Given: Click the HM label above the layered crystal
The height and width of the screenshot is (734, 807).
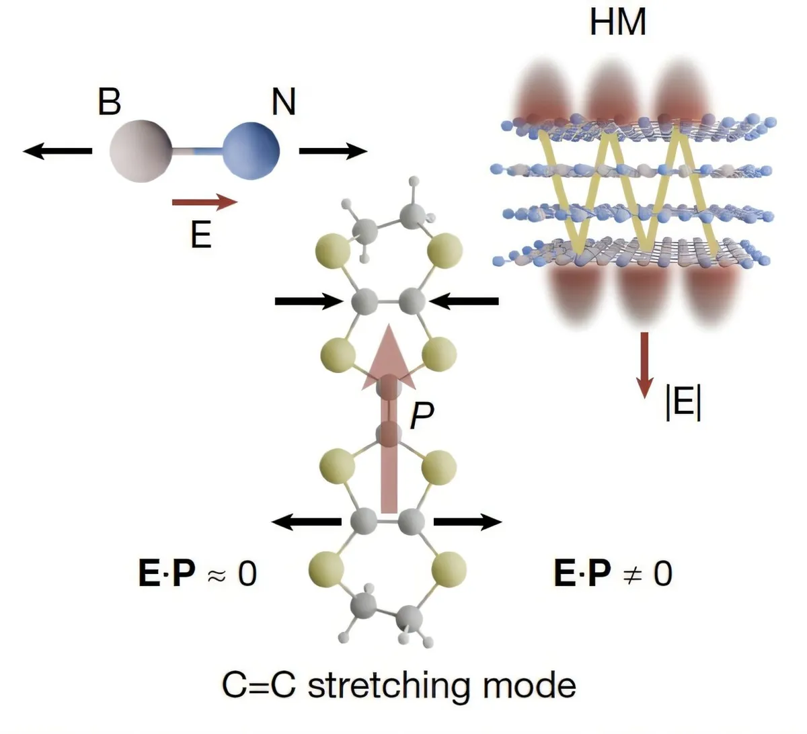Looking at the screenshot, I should click(617, 22).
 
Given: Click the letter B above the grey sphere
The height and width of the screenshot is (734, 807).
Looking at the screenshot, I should click(110, 101).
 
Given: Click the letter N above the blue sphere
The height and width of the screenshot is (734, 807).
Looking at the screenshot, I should click(283, 101).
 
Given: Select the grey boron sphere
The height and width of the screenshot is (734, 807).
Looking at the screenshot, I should click(141, 151).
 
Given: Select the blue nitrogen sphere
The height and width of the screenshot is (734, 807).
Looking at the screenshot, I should click(250, 151).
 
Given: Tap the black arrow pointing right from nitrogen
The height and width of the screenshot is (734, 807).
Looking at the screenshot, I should click(333, 151).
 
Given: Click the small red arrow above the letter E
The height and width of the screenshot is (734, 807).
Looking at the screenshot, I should click(204, 201).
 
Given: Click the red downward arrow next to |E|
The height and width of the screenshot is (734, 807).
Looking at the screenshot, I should click(644, 364).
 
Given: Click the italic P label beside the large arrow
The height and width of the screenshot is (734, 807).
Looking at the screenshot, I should click(422, 417).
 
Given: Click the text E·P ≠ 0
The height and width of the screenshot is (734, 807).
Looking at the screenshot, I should click(613, 573).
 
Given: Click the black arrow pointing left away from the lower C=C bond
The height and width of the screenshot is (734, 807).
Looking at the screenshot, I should click(306, 521).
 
